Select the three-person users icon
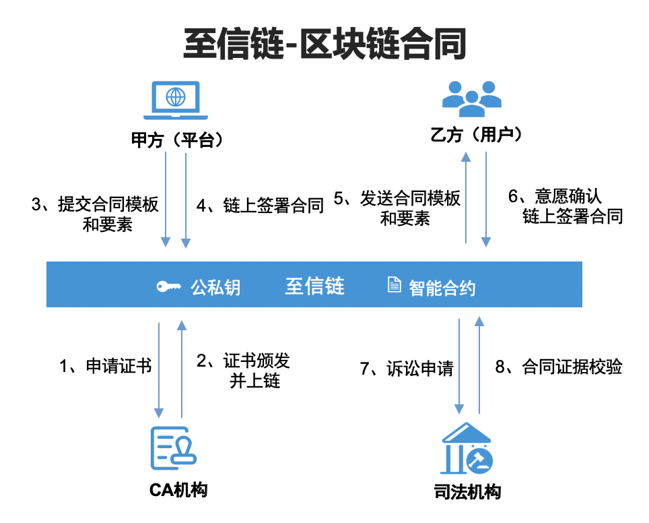pyautogui.click(x=471, y=96)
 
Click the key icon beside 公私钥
pyautogui.click(x=168, y=287)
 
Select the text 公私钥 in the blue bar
pyautogui.click(x=215, y=288)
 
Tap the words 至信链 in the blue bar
pyautogui.click(x=314, y=286)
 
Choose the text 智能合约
pyautogui.click(x=442, y=288)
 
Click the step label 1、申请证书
pyautogui.click(x=106, y=367)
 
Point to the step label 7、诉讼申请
pyautogui.click(x=406, y=369)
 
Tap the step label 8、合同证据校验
pyautogui.click(x=559, y=367)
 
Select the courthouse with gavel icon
pyautogui.click(x=467, y=450)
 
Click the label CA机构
pyautogui.click(x=178, y=490)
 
